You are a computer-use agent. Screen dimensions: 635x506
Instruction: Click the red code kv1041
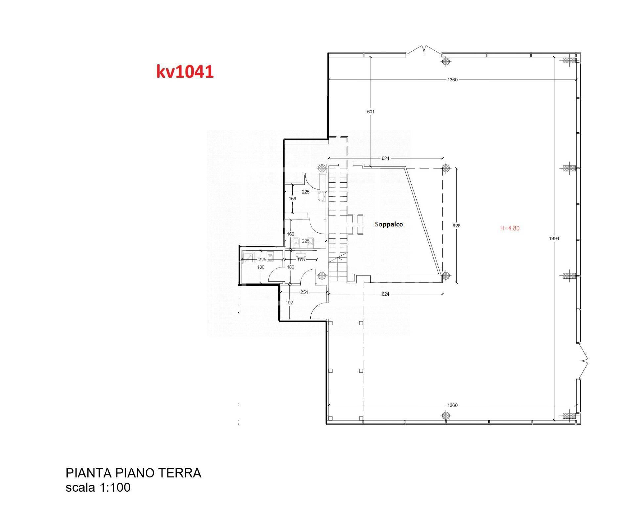coord(185,72)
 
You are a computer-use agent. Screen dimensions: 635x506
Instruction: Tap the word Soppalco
coord(389,224)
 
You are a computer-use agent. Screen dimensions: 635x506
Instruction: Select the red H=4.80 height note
coord(510,228)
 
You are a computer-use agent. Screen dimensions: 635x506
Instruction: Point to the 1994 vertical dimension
coord(554,238)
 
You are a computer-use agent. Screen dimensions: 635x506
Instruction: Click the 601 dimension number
coord(371,112)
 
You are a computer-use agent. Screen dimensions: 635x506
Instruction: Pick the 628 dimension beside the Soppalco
coord(456,226)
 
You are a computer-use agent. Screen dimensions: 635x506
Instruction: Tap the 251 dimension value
coord(304,292)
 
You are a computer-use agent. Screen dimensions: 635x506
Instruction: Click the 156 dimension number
coord(292,199)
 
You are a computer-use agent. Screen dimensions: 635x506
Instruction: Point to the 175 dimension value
coord(301,260)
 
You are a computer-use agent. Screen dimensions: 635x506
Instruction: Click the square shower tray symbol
coord(248,258)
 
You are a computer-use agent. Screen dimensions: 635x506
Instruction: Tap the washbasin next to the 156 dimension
coord(321,197)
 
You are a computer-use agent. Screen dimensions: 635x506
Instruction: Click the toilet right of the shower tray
coord(271,257)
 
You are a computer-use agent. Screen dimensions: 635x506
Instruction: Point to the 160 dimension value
coord(290,234)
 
